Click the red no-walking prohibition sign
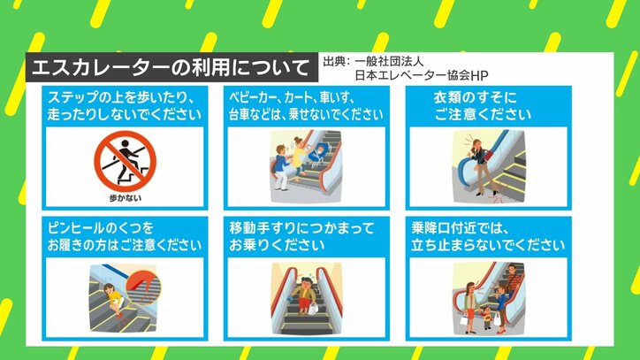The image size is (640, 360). point(125,161)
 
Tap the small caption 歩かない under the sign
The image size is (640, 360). point(126,198)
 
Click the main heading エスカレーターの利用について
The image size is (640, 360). point(171,67)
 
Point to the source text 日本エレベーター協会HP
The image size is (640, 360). point(422,75)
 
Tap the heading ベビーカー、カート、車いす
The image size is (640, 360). point(292,97)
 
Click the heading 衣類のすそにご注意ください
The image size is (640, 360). point(483,106)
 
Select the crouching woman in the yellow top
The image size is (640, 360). point(114,302)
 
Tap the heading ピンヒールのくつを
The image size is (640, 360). point(101,228)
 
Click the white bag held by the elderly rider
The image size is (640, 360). point(312,308)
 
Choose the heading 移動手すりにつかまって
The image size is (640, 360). point(301,228)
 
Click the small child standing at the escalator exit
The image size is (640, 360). point(486,317)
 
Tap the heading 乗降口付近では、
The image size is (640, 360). point(460,228)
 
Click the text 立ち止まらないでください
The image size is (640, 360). point(488,245)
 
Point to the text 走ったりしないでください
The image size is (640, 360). point(125,114)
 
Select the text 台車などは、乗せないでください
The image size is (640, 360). point(306,114)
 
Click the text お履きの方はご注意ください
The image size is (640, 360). point(125,245)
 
